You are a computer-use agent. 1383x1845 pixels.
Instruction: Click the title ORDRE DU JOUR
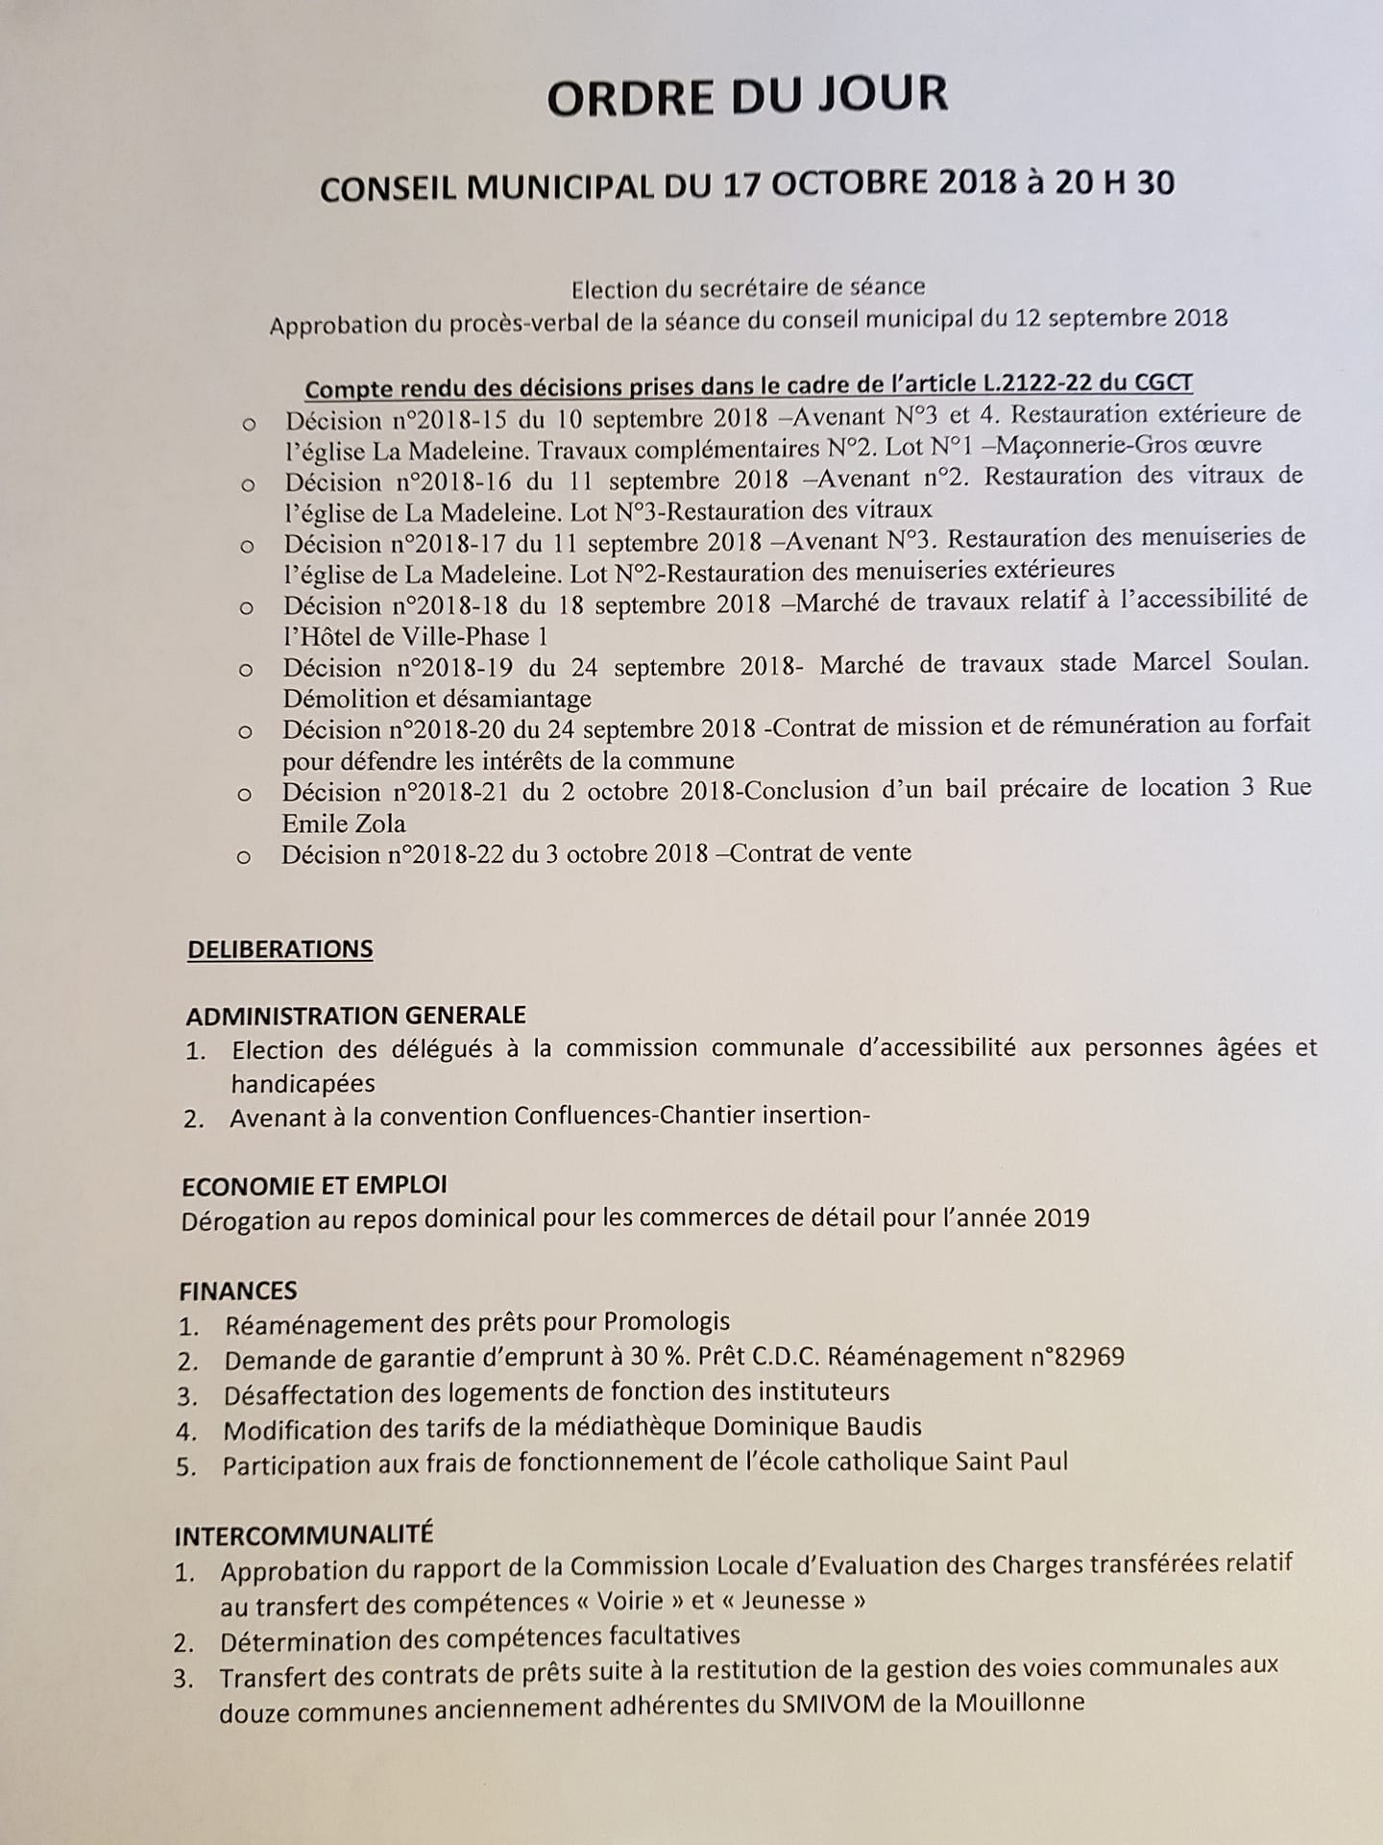747,97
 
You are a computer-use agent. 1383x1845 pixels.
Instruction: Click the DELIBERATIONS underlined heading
280,949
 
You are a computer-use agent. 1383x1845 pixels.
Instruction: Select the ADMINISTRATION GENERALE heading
355,1016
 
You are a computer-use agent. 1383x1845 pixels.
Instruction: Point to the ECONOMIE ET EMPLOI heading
314,1186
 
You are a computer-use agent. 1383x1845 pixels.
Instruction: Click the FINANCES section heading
238,1291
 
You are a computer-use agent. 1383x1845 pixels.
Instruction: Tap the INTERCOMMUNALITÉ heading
303,1535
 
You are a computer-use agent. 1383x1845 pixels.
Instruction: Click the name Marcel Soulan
1220,663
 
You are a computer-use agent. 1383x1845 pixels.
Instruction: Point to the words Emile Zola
344,824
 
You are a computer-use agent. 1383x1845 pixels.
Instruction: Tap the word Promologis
667,1322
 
